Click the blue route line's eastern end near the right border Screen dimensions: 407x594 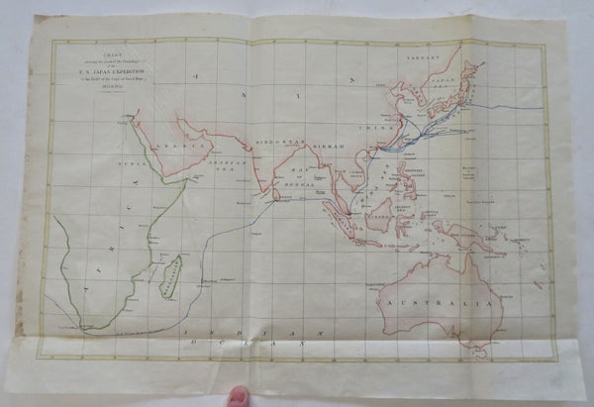(x=543, y=106)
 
